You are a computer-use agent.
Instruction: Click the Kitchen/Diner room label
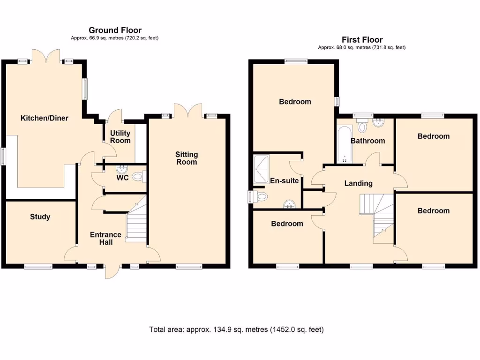pyautogui.click(x=44, y=118)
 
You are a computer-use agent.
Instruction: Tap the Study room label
pyautogui.click(x=40, y=217)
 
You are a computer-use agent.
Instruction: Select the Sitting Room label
pyautogui.click(x=187, y=158)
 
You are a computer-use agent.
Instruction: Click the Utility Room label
pyautogui.click(x=120, y=136)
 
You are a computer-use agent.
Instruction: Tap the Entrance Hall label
pyautogui.click(x=105, y=238)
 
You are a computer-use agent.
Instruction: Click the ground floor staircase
pyautogui.click(x=136, y=223)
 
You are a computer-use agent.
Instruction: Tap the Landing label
pyautogui.click(x=358, y=183)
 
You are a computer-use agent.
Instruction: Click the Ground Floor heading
pyautogui.click(x=115, y=30)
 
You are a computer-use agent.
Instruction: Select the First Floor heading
pyautogui.click(x=362, y=40)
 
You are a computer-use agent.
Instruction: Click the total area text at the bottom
pyautogui.click(x=236, y=330)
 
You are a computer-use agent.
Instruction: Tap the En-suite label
pyautogui.click(x=284, y=180)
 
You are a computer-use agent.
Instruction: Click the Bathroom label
pyautogui.click(x=367, y=141)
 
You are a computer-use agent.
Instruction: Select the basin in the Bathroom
pyautogui.click(x=379, y=123)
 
